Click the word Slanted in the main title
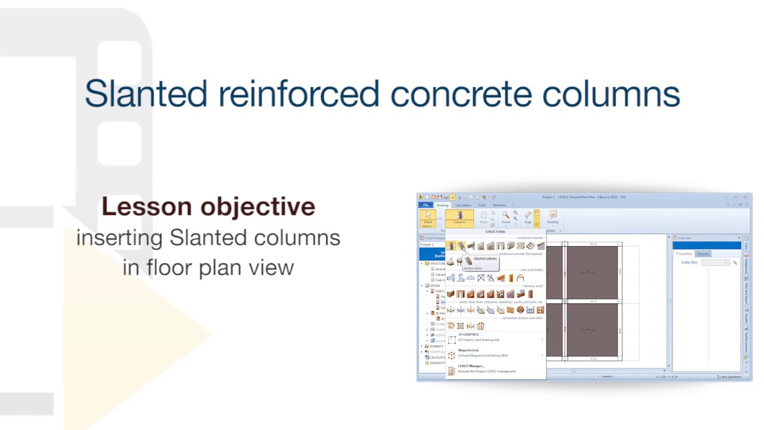coord(146,94)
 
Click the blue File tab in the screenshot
coord(426,205)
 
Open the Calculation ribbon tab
coord(463,205)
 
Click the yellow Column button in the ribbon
coord(459,218)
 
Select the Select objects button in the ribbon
coord(427,219)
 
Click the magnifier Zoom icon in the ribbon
coord(506,216)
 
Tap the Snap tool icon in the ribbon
coord(528,217)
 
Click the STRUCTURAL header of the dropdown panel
coord(495,232)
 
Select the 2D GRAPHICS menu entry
coord(469,334)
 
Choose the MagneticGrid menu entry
coord(468,350)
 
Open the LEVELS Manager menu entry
coord(471,366)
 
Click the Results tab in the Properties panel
coord(703,254)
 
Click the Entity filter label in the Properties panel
coord(689,262)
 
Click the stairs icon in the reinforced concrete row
coord(530,246)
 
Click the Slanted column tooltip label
coord(485,259)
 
